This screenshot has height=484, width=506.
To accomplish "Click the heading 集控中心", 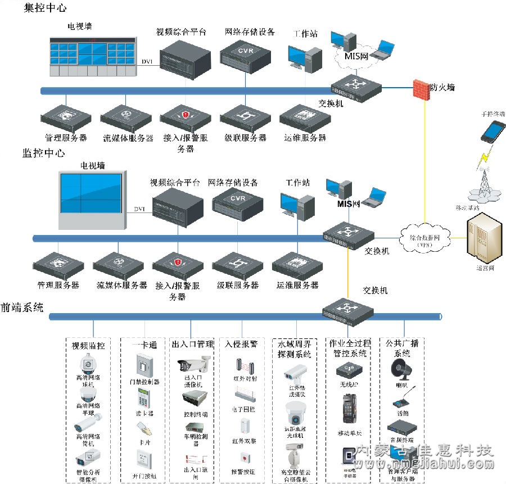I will [x=45, y=8].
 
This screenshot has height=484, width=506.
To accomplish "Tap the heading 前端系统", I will [x=21, y=307].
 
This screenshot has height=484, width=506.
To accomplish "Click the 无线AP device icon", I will [x=349, y=370].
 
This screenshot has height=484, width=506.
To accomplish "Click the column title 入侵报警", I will [x=241, y=343].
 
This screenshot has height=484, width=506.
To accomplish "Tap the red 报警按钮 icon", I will [x=244, y=456].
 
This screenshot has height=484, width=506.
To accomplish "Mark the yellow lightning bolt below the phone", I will [x=484, y=158].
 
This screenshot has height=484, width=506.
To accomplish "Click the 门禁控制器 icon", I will [x=143, y=364].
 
